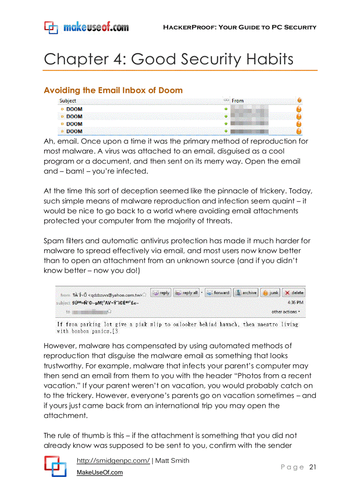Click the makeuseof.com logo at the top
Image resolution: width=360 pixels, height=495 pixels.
point(86,27)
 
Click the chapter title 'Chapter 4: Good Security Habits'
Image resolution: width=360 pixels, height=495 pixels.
point(168,59)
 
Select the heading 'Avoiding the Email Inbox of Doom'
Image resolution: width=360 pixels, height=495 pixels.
point(113,90)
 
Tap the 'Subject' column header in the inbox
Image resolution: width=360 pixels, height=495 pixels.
point(68,101)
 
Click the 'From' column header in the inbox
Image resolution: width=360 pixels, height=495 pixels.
point(237,101)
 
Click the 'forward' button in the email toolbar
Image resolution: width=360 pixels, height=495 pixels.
point(217,293)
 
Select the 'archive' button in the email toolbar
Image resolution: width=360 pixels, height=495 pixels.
point(245,293)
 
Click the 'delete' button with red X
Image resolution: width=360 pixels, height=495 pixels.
point(293,293)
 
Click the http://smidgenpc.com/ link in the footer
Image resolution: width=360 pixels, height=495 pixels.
point(113,461)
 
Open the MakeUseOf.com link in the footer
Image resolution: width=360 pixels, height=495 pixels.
point(100,473)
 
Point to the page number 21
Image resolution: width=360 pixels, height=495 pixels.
point(313,467)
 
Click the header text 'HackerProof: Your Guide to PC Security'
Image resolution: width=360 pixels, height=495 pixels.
point(240,27)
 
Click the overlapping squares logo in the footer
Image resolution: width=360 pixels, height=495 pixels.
point(55,466)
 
